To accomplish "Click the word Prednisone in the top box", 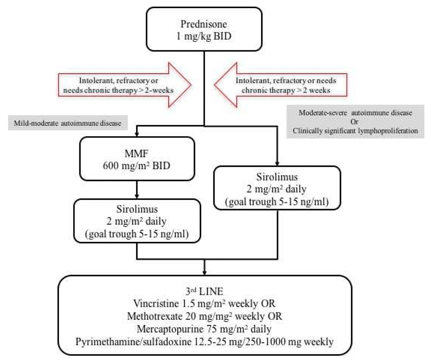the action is point(204,24).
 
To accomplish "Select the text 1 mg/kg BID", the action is point(204,36).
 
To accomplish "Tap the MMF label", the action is point(136,154).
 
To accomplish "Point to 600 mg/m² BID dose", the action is point(136,166).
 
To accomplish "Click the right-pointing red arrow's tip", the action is point(191,85).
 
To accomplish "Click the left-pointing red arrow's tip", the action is point(214,85).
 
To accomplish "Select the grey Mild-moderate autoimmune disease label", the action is point(68,123).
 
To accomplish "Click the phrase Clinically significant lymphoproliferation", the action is point(355,131).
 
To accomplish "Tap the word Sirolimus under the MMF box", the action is point(137,209).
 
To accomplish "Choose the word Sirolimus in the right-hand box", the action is point(277,177).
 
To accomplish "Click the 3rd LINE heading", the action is point(204,291).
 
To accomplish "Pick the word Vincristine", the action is point(156,304).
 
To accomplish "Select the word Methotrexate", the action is point(154,316).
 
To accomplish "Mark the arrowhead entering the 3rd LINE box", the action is point(204,273).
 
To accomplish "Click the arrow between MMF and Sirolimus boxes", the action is point(137,190).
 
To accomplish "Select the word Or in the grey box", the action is point(354,122).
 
